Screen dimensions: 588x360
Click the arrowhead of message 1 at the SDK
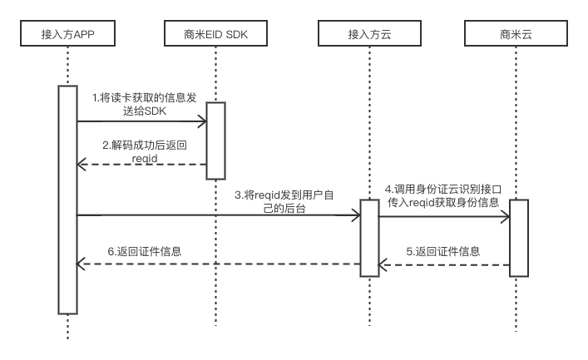[205, 121]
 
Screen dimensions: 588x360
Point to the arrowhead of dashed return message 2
[78, 165]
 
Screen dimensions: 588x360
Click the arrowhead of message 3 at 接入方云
[359, 215]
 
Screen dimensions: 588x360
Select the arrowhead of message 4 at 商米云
[508, 216]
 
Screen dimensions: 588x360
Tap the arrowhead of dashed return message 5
[380, 265]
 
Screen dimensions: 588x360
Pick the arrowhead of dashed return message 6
[78, 264]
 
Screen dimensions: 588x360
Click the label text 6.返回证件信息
[145, 251]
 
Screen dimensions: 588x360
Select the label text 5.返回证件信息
[443, 251]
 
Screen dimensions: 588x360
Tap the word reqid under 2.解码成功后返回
[145, 158]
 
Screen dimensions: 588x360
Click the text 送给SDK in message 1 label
[145, 111]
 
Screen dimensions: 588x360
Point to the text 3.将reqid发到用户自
[284, 195]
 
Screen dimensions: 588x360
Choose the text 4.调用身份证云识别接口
[443, 189]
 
